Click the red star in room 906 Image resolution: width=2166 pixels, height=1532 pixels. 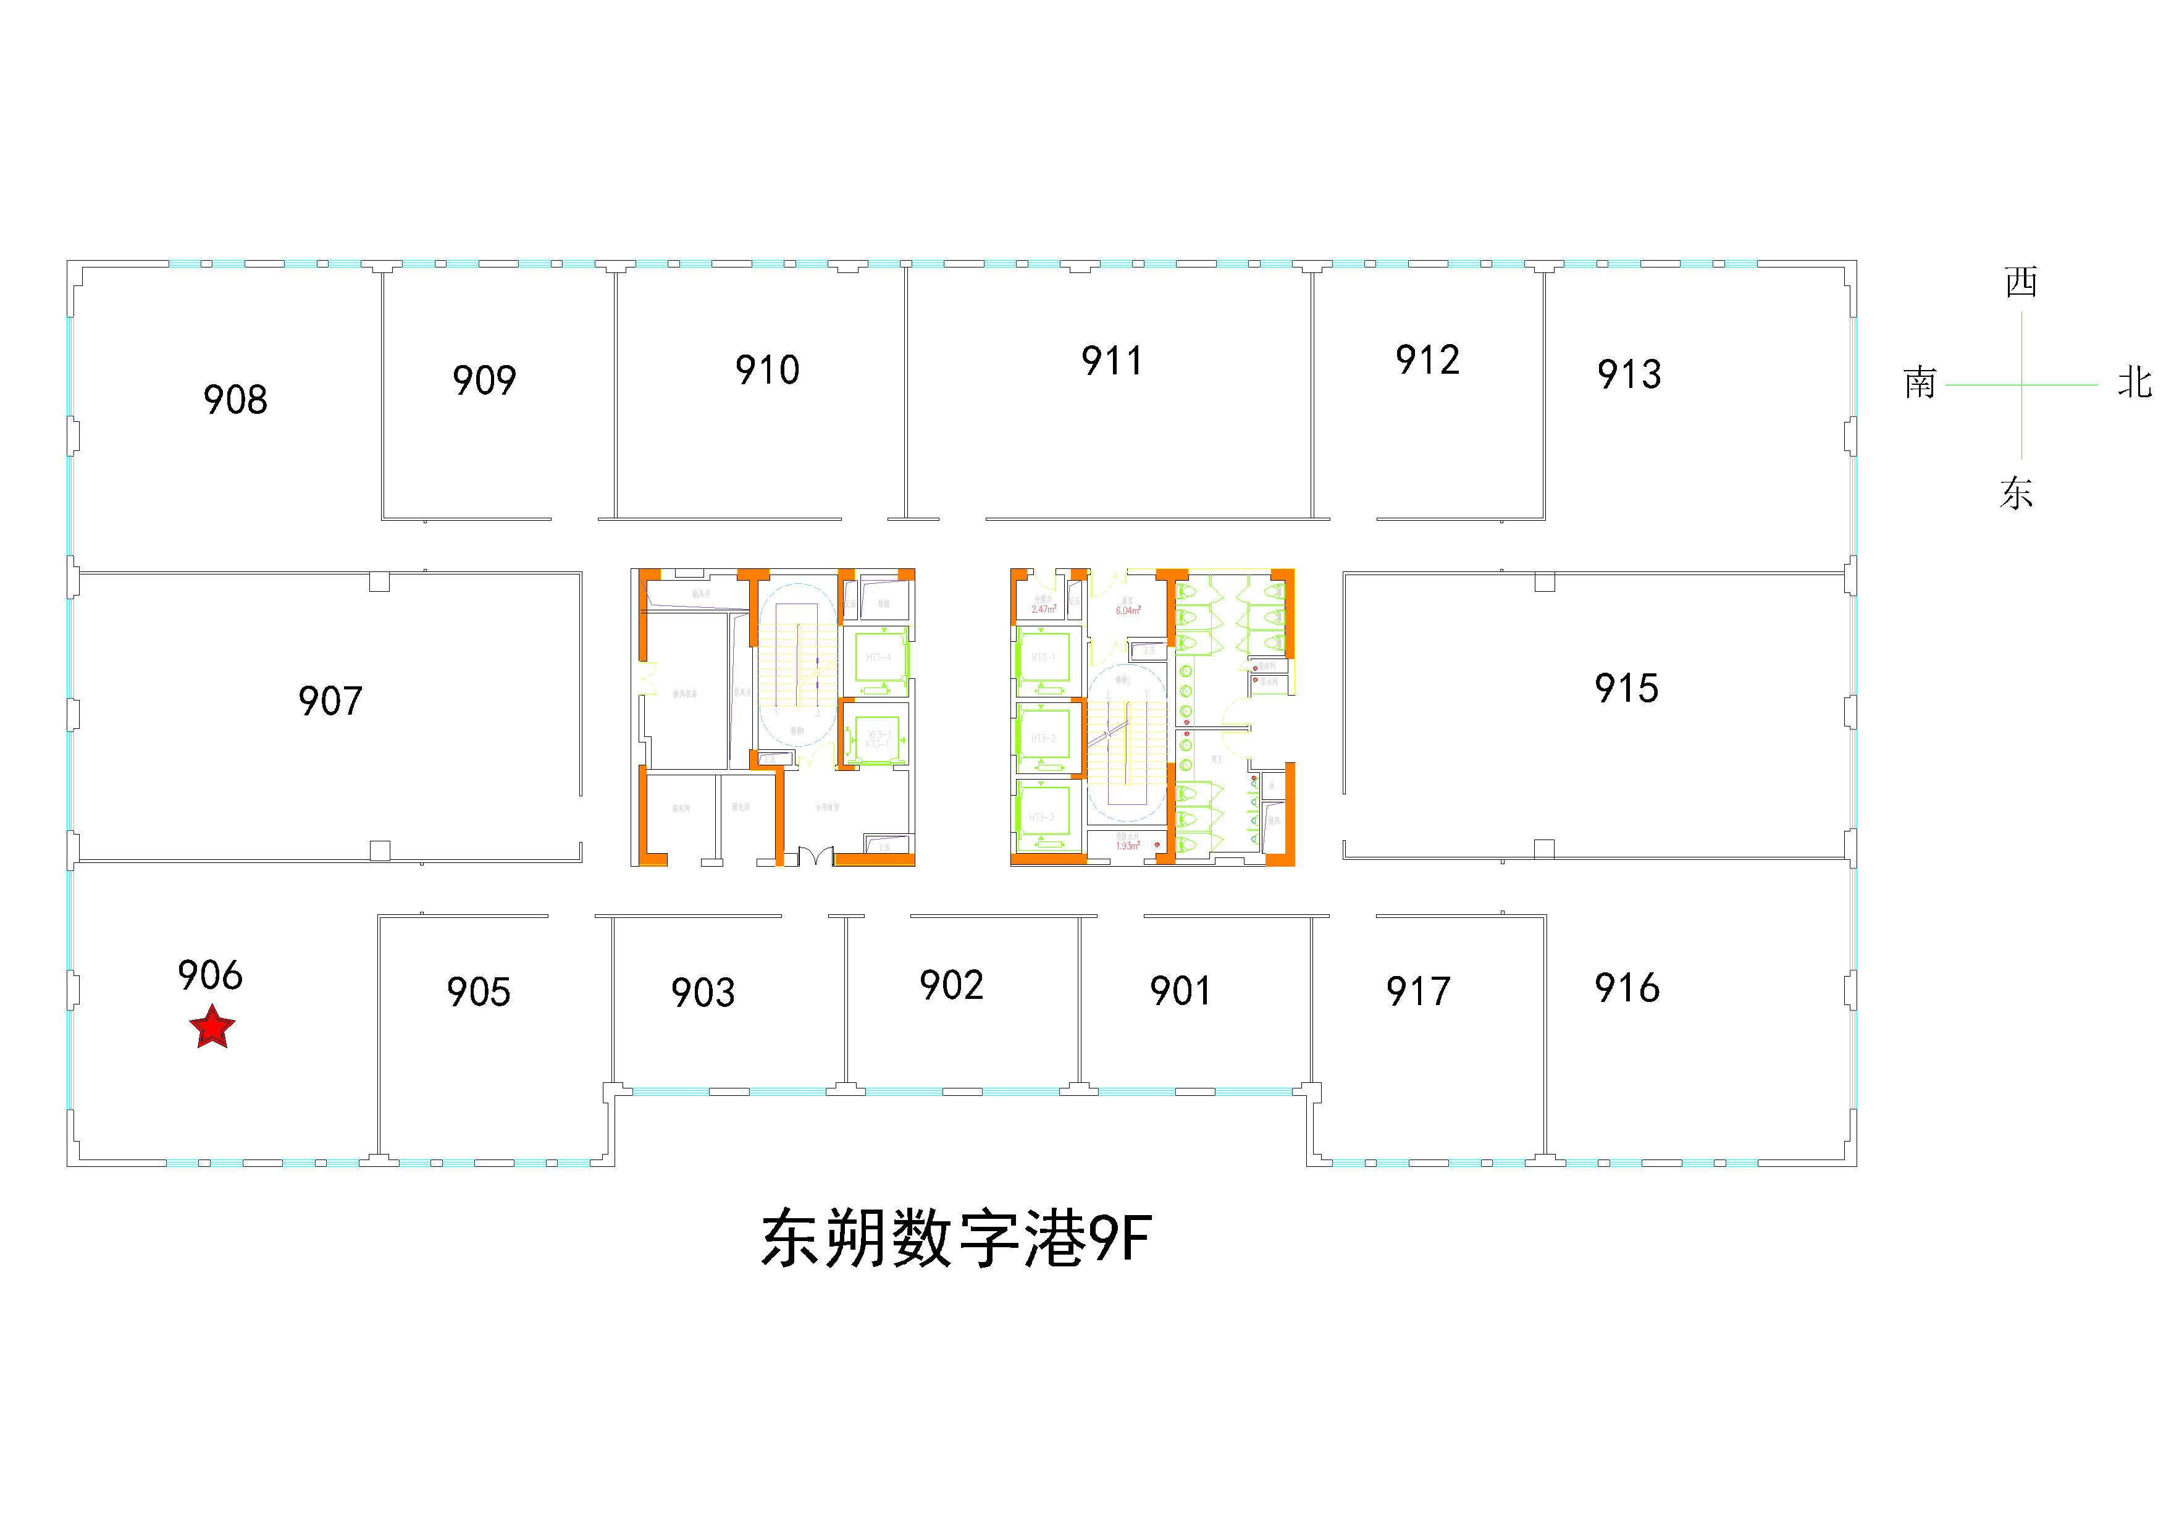212,1027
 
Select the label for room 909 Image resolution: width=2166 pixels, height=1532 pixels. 484,380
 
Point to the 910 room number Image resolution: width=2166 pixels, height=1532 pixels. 767,370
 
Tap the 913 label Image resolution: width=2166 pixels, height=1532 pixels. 1629,374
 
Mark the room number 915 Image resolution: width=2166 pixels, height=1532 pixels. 1626,689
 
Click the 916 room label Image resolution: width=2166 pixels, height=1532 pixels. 1626,988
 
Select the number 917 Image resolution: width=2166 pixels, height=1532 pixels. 1418,991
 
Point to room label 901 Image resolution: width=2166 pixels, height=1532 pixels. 1180,990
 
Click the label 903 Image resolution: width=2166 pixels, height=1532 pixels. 703,993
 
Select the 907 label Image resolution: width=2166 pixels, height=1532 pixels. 330,701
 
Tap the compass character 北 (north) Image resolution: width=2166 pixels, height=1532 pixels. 2134,383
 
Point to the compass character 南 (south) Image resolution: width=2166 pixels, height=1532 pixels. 1920,383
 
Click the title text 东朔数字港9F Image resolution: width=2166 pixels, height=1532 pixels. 955,1239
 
